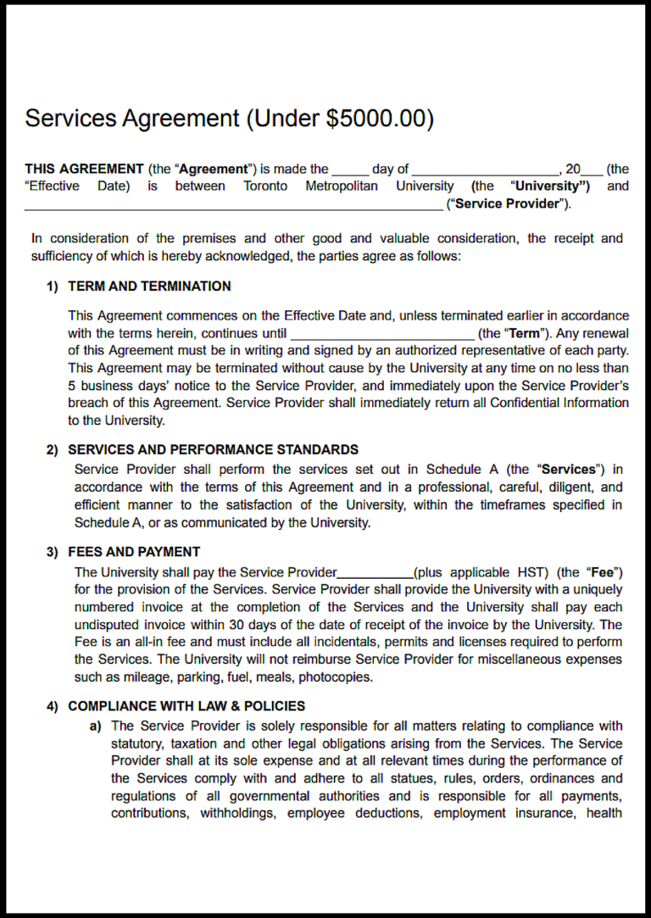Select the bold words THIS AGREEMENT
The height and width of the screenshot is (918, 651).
84,169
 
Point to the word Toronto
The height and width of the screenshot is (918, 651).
265,186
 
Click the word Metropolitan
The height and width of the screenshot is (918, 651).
342,186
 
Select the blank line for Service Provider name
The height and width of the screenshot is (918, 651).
233,205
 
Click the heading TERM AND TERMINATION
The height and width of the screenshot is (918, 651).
149,287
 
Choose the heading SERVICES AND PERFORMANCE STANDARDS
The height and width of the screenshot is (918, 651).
213,450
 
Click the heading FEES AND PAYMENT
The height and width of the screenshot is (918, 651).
134,552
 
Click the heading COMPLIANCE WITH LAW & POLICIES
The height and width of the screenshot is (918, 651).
186,706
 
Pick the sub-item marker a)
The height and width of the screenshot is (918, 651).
96,726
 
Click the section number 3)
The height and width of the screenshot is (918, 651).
53,552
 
